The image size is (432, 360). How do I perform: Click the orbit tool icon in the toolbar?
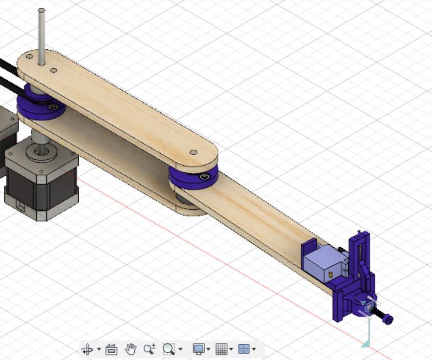click(x=87, y=349)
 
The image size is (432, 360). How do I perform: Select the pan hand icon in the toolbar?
click(x=130, y=349)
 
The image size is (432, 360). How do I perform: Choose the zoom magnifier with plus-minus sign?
click(x=149, y=349)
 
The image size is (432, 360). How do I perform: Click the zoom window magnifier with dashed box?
click(x=169, y=349)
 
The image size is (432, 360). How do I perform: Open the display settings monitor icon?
click(x=198, y=349)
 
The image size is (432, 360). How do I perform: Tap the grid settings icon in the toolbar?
click(x=221, y=349)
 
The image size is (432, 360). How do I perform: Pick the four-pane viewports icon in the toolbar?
click(x=244, y=349)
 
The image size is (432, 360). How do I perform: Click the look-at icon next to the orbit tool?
click(x=111, y=349)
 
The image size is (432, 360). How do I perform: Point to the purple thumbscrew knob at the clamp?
click(x=388, y=320)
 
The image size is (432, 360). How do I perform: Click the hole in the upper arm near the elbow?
click(x=194, y=152)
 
